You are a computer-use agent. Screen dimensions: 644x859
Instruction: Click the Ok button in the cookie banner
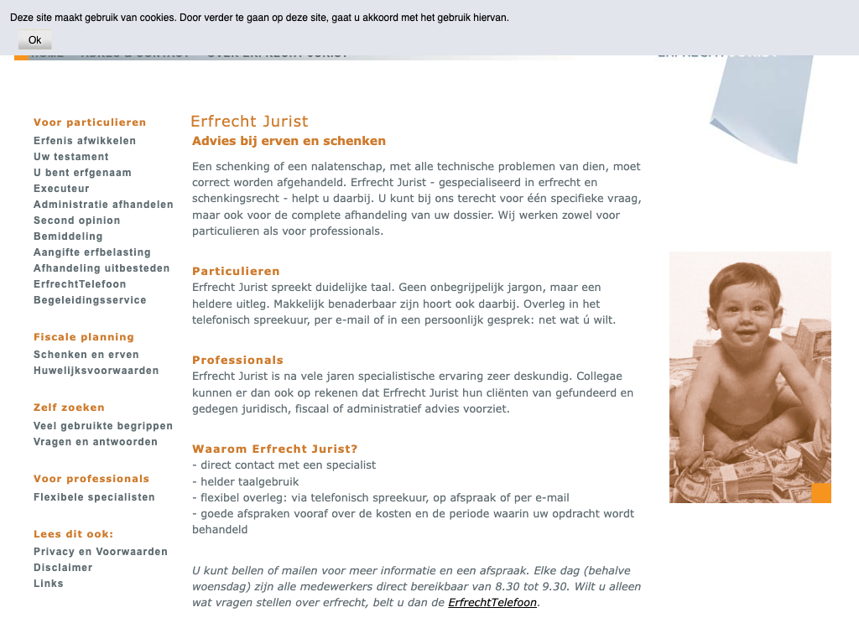coord(34,40)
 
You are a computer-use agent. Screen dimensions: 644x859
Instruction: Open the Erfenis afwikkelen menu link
coord(85,141)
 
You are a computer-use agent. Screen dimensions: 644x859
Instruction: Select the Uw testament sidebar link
coord(71,157)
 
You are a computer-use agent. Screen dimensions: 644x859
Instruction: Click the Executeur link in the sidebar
coord(61,189)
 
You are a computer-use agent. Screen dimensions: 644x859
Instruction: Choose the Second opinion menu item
coord(77,221)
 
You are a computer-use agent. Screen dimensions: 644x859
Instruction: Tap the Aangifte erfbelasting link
coord(92,252)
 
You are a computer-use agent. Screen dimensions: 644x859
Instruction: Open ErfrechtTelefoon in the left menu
coord(80,284)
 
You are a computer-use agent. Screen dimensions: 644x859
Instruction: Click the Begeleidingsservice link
coord(90,300)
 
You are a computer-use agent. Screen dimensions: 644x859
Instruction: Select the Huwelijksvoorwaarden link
coord(96,371)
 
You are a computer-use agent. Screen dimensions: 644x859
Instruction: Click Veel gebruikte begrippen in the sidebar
coord(103,426)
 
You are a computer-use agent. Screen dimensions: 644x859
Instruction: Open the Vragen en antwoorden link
coord(96,442)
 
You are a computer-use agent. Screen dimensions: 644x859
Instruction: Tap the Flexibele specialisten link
coord(94,497)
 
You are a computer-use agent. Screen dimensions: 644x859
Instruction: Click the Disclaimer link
coord(63,568)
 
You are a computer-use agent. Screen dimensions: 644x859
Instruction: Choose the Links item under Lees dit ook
coord(49,584)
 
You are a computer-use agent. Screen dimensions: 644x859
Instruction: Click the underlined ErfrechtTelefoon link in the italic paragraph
coord(492,603)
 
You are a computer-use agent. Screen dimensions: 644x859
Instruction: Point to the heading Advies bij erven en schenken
coord(289,141)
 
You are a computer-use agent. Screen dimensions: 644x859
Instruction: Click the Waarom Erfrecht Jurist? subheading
coord(275,449)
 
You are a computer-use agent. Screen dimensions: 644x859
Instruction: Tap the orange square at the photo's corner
coord(820,492)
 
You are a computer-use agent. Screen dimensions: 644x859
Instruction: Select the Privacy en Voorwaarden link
coord(101,552)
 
